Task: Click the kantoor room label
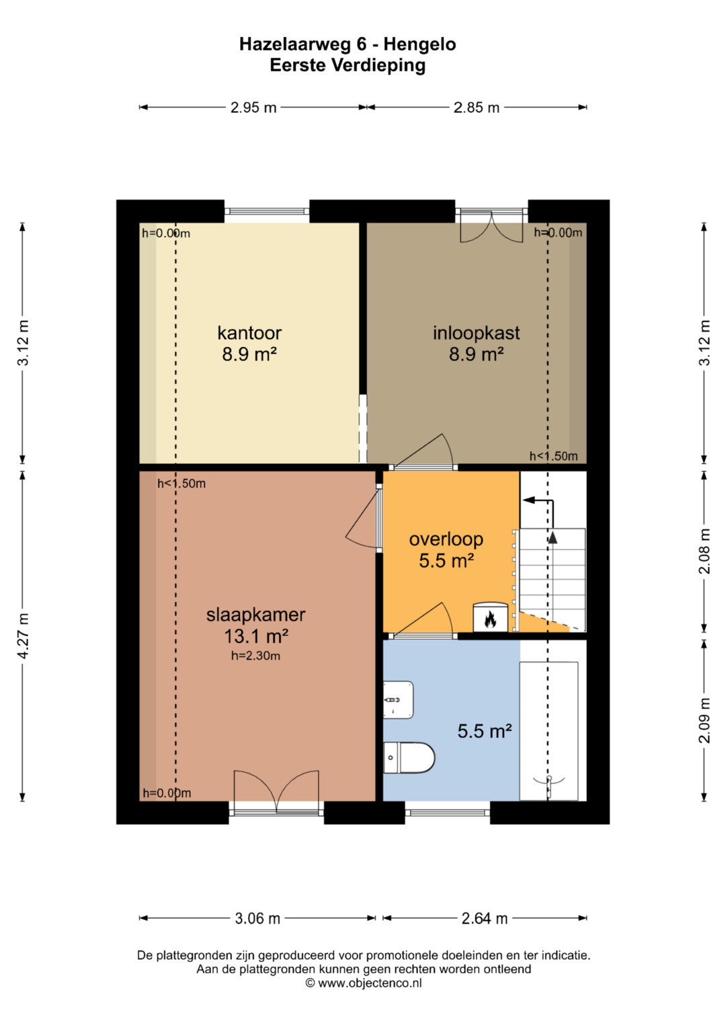click(249, 333)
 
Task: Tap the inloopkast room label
click(476, 333)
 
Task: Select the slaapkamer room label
click(255, 615)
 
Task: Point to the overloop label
click(446, 539)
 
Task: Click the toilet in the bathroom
click(409, 757)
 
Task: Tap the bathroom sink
click(398, 699)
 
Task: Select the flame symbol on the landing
click(491, 620)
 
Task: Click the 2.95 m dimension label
click(253, 108)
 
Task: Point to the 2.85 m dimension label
click(476, 108)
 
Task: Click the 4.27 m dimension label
click(24, 636)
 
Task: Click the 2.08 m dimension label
click(705, 551)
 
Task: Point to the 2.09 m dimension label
click(705, 720)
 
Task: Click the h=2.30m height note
click(255, 656)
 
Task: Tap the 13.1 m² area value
click(255, 636)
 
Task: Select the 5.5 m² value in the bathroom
click(485, 731)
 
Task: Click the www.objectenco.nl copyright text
click(364, 983)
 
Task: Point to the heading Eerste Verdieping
click(348, 65)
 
